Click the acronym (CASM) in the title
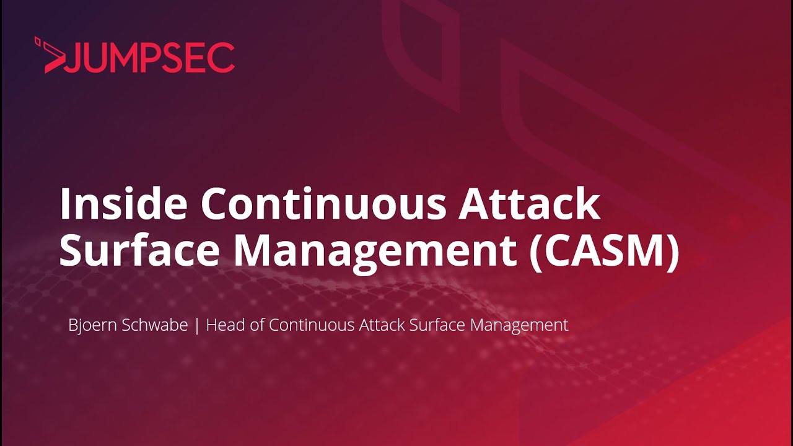[x=605, y=251]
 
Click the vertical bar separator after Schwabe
[x=197, y=325]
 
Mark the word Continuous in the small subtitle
[x=312, y=325]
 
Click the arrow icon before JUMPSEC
[x=50, y=56]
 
